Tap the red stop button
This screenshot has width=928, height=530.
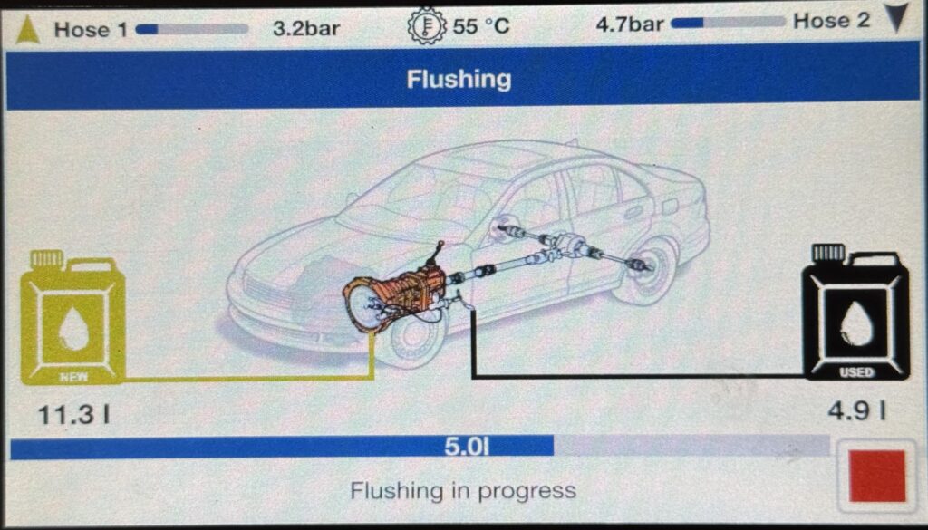pos(877,477)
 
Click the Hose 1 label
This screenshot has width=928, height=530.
pos(91,30)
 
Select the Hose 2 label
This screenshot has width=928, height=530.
pos(832,22)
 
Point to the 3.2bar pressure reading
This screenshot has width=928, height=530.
pos(306,28)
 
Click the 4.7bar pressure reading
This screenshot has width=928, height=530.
pos(630,24)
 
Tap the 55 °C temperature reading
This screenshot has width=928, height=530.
pos(481,26)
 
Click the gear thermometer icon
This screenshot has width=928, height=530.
pos(426,25)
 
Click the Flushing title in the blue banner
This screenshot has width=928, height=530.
pos(459,79)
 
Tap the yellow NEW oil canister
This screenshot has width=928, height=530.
pos(72,318)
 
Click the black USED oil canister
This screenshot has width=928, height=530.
pos(855,313)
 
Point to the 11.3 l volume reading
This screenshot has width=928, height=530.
pos(74,415)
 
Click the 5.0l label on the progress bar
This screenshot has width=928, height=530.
pos(467,447)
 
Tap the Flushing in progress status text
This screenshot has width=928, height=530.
pos(463,490)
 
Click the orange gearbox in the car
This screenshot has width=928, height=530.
pos(397,295)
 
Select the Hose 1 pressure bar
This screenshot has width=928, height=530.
pos(192,29)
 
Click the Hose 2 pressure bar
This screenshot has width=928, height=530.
pos(728,23)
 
